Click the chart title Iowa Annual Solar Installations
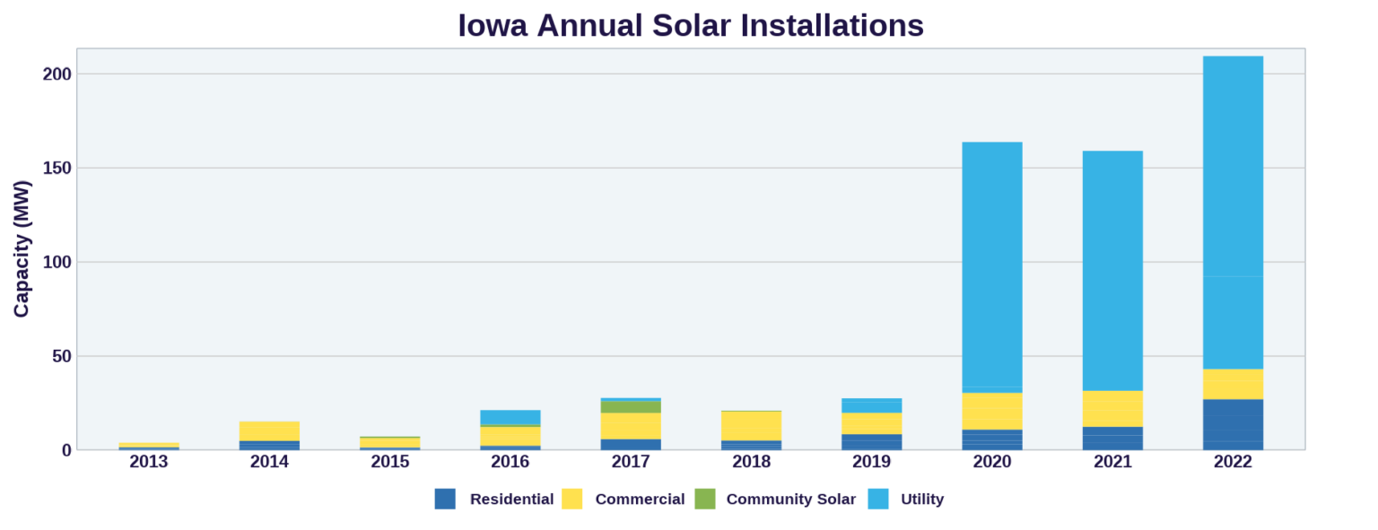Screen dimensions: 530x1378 690,25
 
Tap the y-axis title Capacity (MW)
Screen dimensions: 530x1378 22,248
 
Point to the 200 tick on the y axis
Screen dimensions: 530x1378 57,74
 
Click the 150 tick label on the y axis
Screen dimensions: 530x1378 57,169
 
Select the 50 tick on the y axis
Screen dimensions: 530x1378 61,356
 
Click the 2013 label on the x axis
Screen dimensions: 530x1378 149,462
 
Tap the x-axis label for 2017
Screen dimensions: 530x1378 631,462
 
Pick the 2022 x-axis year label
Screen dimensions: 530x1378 1233,462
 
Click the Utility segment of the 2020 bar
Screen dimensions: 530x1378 992,265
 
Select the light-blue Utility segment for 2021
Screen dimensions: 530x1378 1112,270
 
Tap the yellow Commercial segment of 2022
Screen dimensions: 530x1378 1233,384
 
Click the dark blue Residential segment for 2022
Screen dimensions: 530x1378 1233,424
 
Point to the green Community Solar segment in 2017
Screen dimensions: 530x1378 631,407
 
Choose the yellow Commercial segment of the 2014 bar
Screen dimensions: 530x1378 269,430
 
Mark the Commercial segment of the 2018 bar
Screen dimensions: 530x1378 751,425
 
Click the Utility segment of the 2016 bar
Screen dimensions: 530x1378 510,417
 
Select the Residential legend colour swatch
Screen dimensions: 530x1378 445,500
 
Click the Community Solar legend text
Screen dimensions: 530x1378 790,500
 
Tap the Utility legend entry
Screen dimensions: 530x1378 921,500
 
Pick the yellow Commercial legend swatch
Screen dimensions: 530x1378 572,500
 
